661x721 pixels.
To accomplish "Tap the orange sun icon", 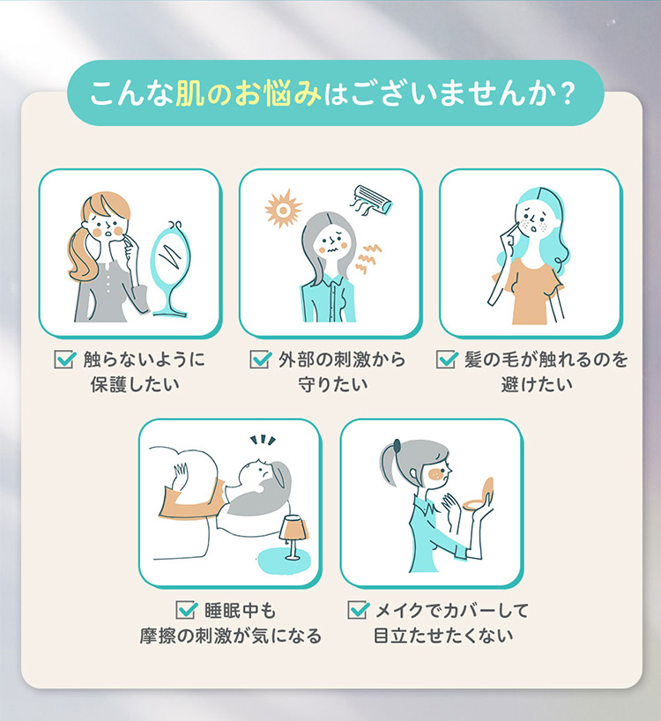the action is (x=283, y=209).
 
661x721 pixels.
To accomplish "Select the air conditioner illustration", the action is (x=372, y=199).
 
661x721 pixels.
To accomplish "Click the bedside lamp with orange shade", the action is (x=293, y=536).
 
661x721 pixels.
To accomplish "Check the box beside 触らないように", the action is (x=65, y=359).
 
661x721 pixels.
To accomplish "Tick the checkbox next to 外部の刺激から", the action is (x=261, y=359).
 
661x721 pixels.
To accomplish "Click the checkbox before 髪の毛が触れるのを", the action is (x=447, y=359).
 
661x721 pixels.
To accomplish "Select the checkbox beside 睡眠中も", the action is (x=187, y=610).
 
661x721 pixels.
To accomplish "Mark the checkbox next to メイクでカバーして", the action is (x=358, y=610).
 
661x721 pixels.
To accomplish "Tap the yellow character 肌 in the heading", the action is (x=189, y=93).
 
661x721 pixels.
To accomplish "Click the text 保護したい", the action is (x=135, y=384).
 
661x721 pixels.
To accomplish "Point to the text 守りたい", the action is (x=333, y=384).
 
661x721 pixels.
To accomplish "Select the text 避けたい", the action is (x=537, y=384).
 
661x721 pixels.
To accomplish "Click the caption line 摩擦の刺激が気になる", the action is (x=231, y=636).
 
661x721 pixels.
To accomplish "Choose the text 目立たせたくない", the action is (x=443, y=636).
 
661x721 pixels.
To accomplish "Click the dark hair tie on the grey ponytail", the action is (x=397, y=445).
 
